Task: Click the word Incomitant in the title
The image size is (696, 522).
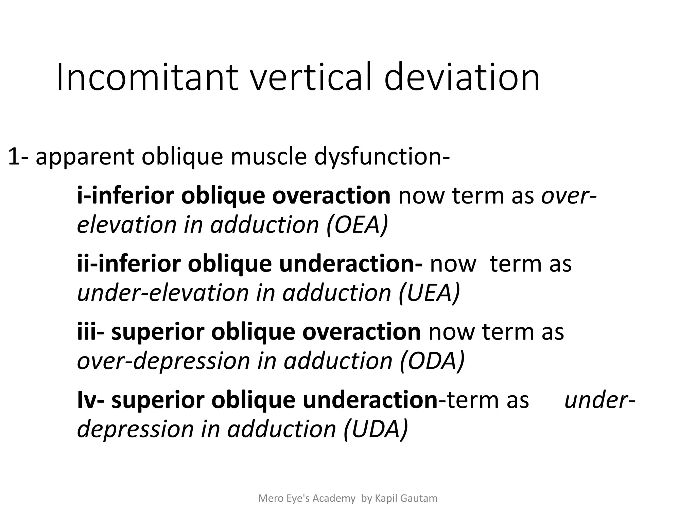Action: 147,77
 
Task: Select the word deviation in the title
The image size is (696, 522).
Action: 462,77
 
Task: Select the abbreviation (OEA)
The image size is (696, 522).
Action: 357,225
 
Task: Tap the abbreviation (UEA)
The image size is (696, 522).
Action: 429,293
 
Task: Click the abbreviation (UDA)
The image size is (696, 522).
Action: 376,429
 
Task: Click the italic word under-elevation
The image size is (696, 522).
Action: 163,293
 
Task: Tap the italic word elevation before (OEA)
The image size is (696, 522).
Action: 127,225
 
